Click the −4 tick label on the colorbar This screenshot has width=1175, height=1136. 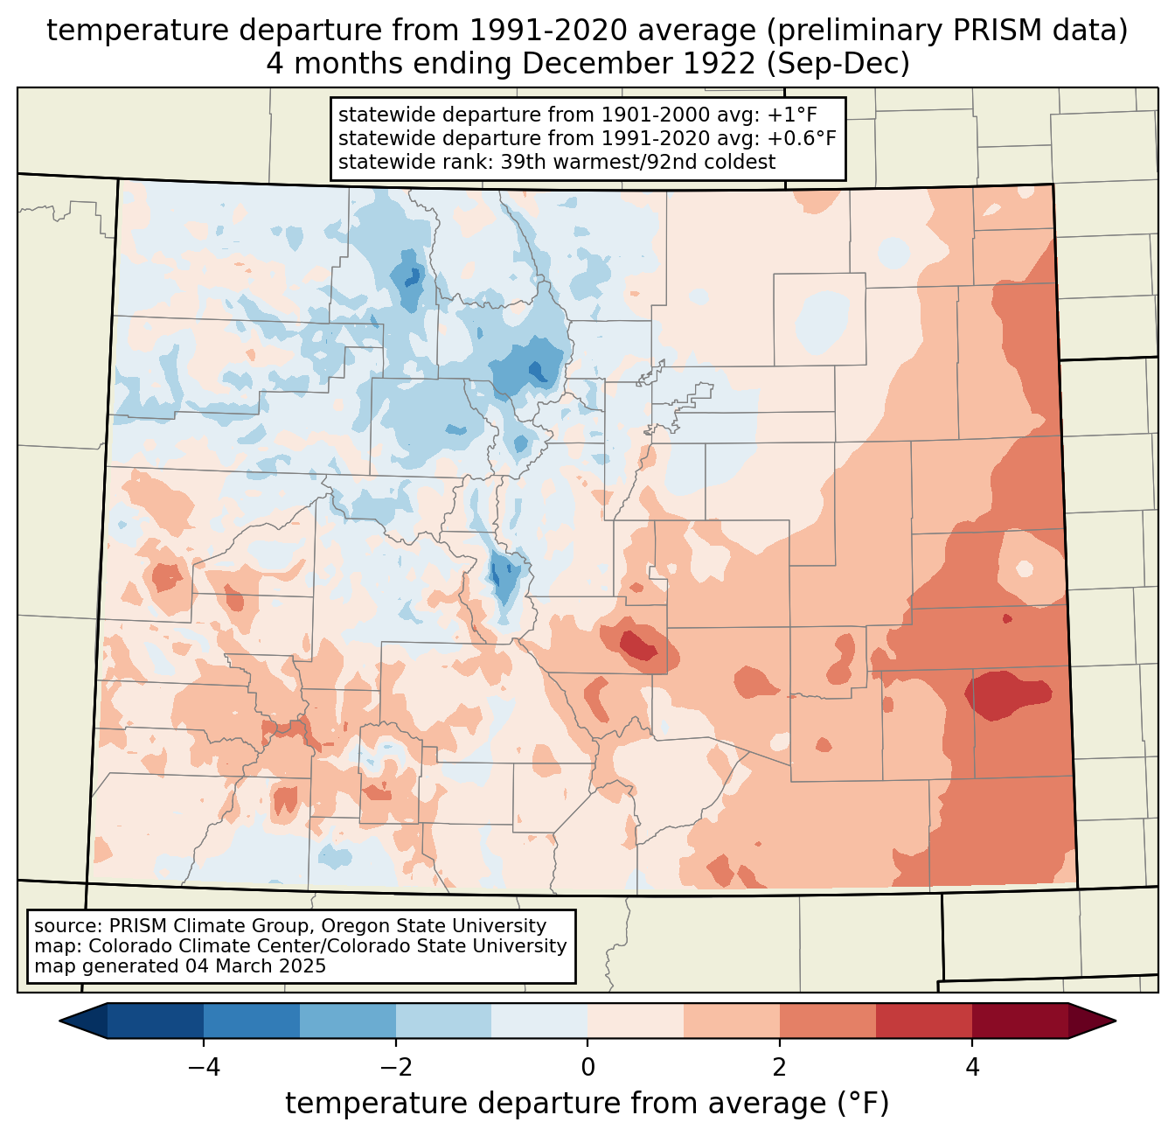[204, 1068]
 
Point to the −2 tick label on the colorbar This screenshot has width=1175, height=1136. [396, 1068]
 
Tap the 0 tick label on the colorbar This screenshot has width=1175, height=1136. [587, 1068]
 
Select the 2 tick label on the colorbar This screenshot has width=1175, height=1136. [780, 1068]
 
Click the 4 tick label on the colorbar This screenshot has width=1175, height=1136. [972, 1068]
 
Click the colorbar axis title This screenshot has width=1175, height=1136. [587, 1104]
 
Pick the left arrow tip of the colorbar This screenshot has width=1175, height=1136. [59, 1021]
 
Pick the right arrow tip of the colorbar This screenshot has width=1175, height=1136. [1116, 1021]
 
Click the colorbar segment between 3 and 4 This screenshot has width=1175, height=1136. [924, 1021]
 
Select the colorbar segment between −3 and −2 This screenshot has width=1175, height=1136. [348, 1021]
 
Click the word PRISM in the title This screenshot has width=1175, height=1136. [987, 31]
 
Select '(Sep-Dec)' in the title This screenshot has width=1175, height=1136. [838, 64]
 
